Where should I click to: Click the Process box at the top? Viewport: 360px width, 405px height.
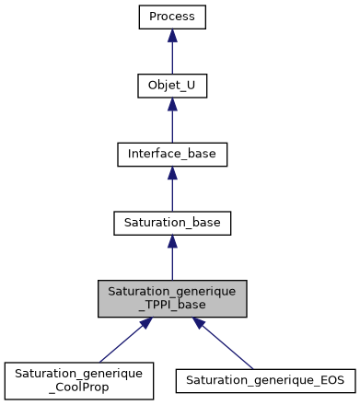[172, 17]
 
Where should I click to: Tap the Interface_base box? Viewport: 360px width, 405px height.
[172, 154]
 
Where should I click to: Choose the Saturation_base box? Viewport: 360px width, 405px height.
[172, 222]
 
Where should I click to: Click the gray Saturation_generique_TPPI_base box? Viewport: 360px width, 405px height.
[172, 298]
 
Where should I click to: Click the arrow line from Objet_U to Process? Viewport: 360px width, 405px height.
[172, 57]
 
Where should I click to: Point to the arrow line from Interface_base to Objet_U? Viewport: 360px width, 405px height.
[172, 126]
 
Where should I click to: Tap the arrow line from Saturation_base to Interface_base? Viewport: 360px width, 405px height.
[172, 194]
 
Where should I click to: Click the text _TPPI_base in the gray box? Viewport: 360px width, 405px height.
[172, 305]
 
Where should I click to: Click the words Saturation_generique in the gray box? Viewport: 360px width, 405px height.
[172, 291]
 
